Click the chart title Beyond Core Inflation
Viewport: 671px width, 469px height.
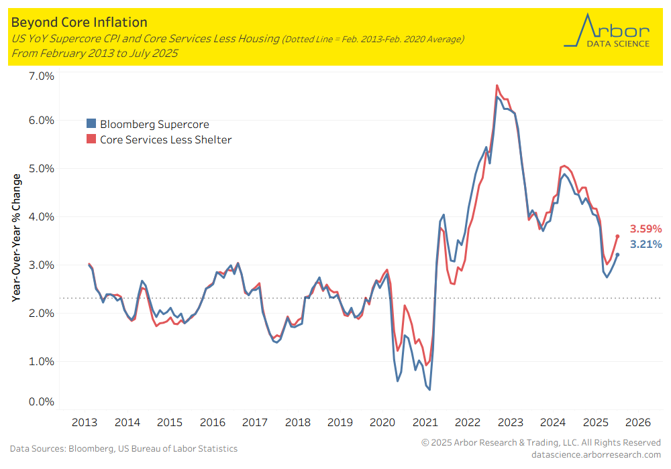79,23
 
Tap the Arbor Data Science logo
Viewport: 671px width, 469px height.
607,31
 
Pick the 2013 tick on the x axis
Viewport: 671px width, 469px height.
85,423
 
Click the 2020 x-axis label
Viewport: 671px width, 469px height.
382,423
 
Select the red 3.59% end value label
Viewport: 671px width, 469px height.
646,228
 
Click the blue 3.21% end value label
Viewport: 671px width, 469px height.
646,245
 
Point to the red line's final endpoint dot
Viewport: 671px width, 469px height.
617,236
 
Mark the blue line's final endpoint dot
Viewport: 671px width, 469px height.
617,255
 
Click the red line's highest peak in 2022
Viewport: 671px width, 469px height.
497,85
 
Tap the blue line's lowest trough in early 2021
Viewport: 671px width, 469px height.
429,390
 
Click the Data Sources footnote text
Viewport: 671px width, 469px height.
123,448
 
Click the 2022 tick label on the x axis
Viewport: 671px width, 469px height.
468,423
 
